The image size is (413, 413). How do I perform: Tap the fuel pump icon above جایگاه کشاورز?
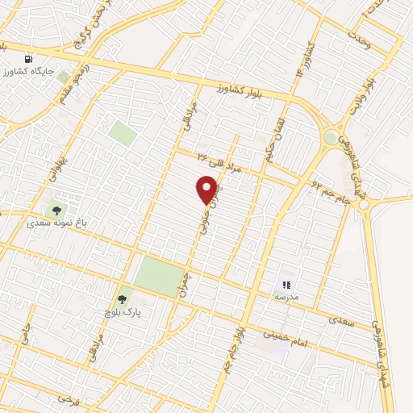point(30,60)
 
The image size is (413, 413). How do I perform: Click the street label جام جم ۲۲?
point(330,190)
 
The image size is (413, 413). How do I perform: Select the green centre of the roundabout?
point(331,137)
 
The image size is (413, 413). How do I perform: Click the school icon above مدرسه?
point(286,285)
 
